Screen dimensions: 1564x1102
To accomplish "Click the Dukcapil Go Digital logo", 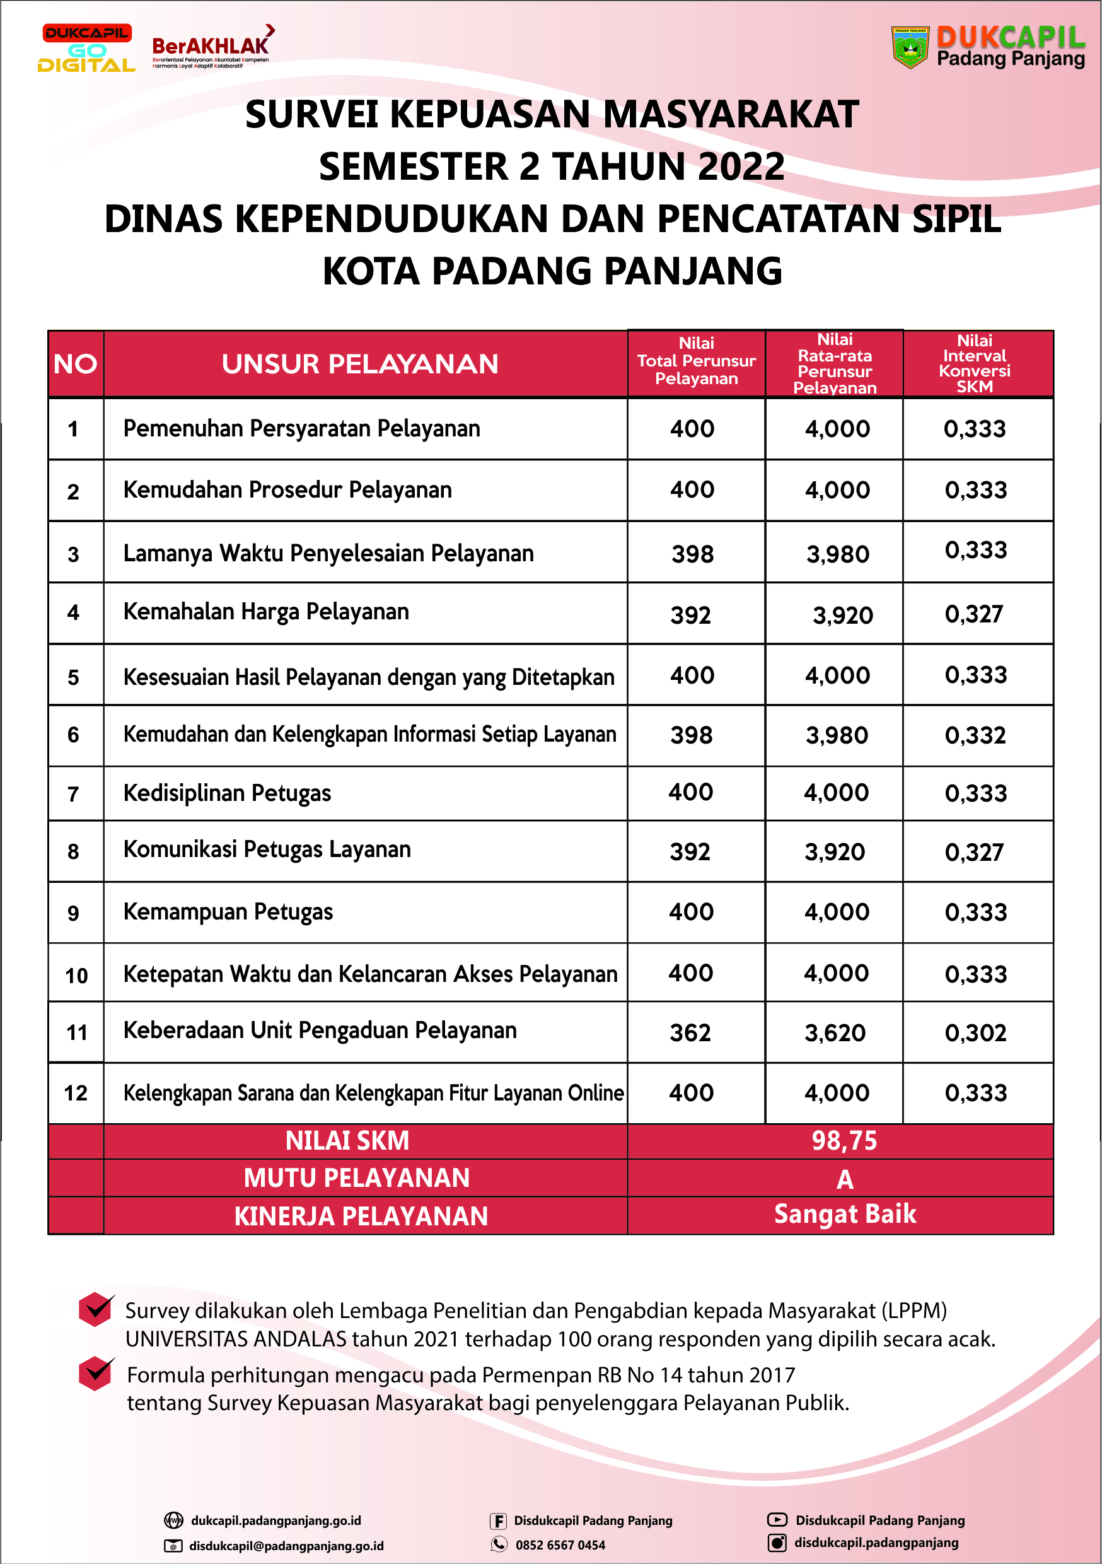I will pyautogui.click(x=86, y=49).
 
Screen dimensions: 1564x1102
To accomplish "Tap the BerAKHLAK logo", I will pyautogui.click(x=211, y=48).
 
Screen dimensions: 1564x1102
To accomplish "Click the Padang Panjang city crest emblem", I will pyautogui.click(x=910, y=48).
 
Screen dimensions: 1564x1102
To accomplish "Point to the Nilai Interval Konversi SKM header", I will pyautogui.click(x=975, y=364).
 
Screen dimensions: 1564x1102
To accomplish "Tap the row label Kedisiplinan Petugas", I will pyautogui.click(x=227, y=793).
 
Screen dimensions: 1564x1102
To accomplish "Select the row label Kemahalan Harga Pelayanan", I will pyautogui.click(x=265, y=612).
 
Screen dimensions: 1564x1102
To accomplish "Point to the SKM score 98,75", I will pyautogui.click(x=844, y=1141).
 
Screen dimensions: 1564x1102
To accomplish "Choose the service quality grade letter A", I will pyautogui.click(x=845, y=1179).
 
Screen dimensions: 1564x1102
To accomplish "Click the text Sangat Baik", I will pyautogui.click(x=845, y=1215).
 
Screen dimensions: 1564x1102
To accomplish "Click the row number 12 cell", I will pyautogui.click(x=76, y=1094).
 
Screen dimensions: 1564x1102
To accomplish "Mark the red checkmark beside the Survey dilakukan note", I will pyautogui.click(x=96, y=1309).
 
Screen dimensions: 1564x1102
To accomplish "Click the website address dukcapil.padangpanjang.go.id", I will pyautogui.click(x=276, y=1520).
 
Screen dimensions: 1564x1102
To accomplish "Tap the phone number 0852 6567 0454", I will pyautogui.click(x=560, y=1545).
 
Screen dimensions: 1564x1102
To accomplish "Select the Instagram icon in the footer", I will pyautogui.click(x=777, y=1543).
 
